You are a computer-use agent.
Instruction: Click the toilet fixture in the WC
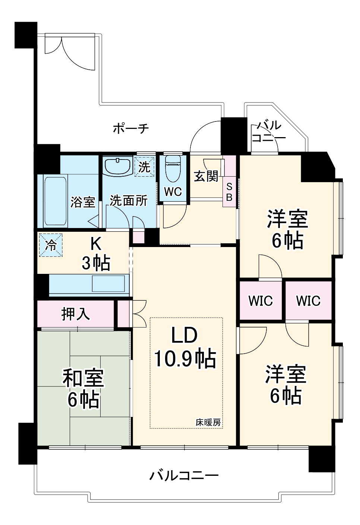click(173, 164)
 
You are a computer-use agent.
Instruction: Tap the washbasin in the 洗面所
click(117, 166)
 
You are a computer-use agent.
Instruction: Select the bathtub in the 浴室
click(56, 201)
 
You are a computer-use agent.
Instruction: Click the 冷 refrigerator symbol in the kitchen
click(51, 245)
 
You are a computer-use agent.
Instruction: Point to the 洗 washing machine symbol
click(144, 167)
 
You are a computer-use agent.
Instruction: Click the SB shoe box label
click(229, 192)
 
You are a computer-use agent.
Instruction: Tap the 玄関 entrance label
click(206, 176)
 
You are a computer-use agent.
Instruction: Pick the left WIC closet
click(260, 300)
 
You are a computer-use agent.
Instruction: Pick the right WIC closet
click(308, 300)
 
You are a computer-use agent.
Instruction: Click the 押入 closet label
click(76, 314)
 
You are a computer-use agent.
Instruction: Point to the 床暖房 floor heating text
click(208, 423)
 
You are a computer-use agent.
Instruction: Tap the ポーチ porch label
click(131, 129)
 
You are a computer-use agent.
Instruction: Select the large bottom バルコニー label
click(184, 475)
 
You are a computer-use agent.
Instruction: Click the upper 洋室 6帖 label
click(287, 229)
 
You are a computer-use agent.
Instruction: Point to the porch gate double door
click(69, 50)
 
